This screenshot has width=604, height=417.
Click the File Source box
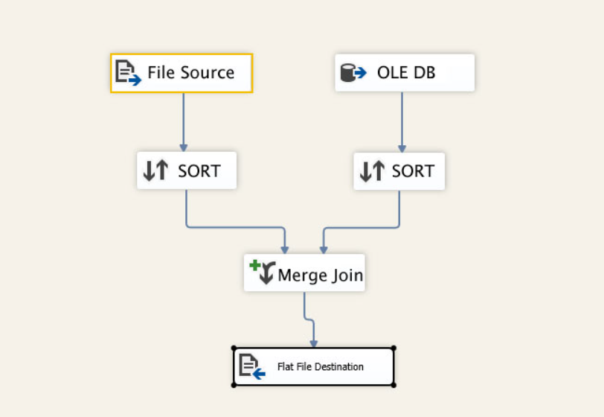tap(181, 73)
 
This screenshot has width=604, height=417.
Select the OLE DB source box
tap(405, 73)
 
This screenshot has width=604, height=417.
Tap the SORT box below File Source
tap(187, 171)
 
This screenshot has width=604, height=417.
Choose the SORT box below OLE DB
tap(399, 171)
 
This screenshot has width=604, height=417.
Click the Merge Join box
tap(304, 273)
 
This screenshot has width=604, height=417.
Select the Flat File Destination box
tap(313, 366)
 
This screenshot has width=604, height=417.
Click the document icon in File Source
tap(127, 73)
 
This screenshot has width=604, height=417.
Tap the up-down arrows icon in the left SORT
tap(156, 171)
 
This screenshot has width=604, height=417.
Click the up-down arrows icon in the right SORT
tap(372, 172)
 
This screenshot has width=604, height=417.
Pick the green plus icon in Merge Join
tap(255, 265)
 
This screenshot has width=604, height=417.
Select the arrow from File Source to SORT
tap(183, 119)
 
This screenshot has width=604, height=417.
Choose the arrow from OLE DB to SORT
tap(402, 119)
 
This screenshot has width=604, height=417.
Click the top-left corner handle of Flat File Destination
tap(234, 348)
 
